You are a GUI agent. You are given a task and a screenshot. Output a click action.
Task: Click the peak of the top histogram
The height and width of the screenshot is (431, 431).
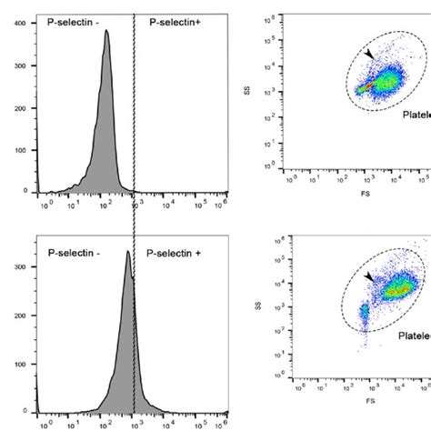coord(106,32)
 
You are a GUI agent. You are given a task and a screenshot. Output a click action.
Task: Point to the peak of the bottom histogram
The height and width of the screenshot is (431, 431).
coord(128,252)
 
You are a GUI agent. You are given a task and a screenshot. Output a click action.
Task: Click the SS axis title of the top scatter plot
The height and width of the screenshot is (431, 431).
coord(262,90)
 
